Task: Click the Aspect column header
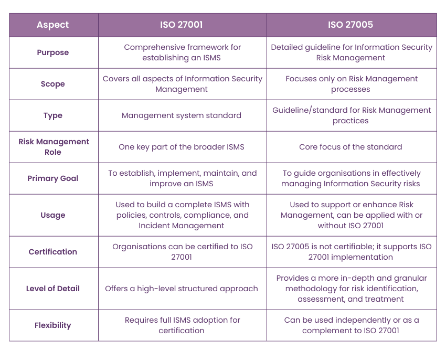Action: (53, 25)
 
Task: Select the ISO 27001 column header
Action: (182, 25)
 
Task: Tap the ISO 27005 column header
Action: (351, 25)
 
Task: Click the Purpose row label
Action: (53, 52)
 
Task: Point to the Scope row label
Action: (53, 84)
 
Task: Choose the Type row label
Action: (53, 115)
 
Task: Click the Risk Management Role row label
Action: (53, 147)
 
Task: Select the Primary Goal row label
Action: (53, 178)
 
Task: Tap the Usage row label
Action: (53, 215)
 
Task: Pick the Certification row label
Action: (53, 252)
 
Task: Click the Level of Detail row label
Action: (53, 289)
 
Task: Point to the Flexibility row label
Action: (53, 325)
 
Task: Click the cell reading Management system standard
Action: (182, 115)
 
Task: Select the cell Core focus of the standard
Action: (351, 147)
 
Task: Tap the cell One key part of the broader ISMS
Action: (182, 147)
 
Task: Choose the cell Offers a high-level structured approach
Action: (182, 289)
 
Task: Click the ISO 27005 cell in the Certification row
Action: (351, 252)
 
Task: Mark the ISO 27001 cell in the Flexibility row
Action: (182, 325)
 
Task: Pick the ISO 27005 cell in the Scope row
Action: (351, 84)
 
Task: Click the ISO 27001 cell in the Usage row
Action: (182, 215)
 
